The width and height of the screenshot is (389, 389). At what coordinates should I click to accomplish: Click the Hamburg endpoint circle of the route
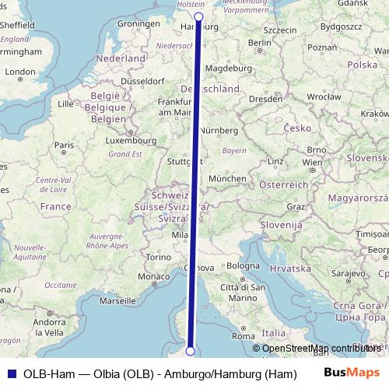[198, 16]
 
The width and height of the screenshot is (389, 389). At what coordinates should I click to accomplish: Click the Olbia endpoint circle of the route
[190, 352]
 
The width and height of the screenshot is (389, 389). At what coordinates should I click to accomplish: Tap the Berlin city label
[261, 42]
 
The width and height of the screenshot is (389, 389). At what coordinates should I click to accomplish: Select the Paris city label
[64, 145]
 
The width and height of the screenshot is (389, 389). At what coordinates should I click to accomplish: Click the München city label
[228, 178]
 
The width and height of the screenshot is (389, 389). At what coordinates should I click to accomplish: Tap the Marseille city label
[118, 300]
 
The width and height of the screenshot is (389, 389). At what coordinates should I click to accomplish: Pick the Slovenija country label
[279, 224]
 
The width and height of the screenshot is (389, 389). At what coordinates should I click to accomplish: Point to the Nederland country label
[121, 58]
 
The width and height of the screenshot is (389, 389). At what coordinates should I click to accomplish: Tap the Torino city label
[159, 257]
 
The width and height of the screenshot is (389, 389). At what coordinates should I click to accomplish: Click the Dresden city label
[266, 99]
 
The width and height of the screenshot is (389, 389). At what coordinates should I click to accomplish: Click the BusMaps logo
[352, 373]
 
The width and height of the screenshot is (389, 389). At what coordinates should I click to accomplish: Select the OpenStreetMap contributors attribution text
[321, 349]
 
